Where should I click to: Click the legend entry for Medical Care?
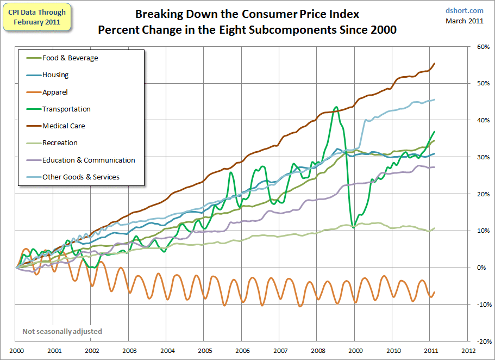pos(64,126)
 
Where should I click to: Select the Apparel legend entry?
pos(55,92)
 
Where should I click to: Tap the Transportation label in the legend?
pos(66,109)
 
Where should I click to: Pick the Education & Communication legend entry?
pos(89,160)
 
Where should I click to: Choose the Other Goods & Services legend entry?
pos(81,177)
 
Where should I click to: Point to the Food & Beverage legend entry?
pos(70,58)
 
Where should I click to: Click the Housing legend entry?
pos(55,75)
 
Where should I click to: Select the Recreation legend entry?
pos(60,143)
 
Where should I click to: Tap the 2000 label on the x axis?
pos(16,351)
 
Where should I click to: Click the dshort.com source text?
pos(464,10)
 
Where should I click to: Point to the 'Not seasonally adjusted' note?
pos(62,331)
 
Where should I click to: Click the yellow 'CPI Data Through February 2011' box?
pos(37,17)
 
